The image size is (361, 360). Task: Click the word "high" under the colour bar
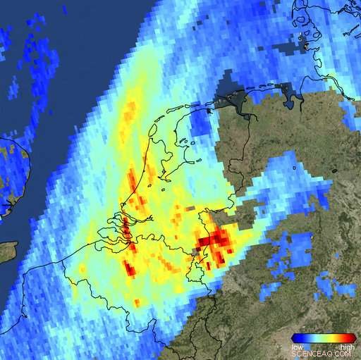tap(347, 347)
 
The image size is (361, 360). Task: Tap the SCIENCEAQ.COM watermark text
tap(322, 354)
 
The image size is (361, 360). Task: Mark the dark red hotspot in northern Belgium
tap(130, 268)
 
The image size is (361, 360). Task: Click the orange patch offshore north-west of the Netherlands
tap(129, 113)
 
